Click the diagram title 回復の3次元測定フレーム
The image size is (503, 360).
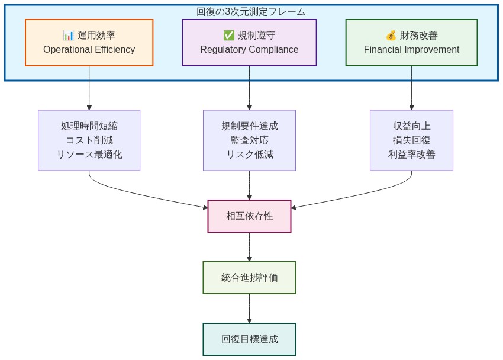coord(251,12)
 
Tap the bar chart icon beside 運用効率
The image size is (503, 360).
coord(69,36)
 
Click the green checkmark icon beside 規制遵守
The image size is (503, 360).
coord(228,36)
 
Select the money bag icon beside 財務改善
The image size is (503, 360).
coord(391,36)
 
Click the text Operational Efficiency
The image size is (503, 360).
coord(89,50)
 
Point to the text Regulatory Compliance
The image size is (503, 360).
coord(249,50)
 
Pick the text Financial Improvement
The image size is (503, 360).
coord(411,50)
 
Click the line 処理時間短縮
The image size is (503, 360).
coord(89,126)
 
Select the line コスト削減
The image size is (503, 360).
coord(89,140)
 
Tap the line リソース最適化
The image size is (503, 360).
coord(89,155)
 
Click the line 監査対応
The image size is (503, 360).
coord(249,140)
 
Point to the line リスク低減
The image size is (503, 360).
coord(249,155)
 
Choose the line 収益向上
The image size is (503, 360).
coord(411,126)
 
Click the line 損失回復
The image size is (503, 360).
coord(411,140)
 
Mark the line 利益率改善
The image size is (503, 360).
coord(411,155)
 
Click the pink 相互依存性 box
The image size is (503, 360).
coord(249,216)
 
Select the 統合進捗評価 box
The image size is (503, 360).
coord(249,278)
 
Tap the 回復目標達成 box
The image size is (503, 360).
coord(249,339)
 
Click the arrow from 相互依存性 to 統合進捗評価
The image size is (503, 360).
coord(249,246)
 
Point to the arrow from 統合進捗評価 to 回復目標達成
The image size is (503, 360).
coord(249,308)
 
